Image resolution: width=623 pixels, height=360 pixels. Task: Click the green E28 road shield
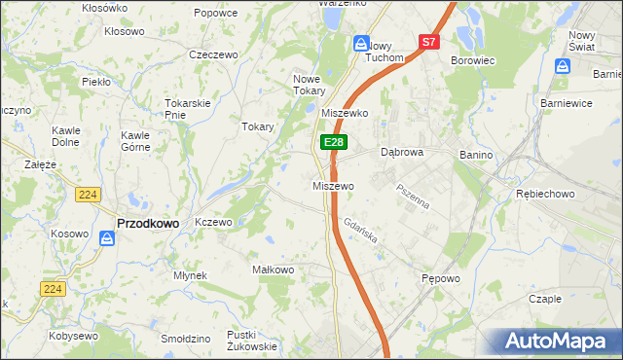point(333,142)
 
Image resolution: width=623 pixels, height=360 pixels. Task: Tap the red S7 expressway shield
point(429,42)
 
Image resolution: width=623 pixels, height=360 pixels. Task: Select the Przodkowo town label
point(148,223)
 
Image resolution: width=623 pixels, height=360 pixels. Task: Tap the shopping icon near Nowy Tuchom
point(361,44)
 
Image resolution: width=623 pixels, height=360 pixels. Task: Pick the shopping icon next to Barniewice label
point(563,66)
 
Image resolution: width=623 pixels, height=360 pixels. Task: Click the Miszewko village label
point(344,113)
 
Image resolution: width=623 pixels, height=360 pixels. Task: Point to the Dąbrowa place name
point(401,153)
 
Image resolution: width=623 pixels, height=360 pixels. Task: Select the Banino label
point(475,153)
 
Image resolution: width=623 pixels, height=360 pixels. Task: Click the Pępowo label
point(440,278)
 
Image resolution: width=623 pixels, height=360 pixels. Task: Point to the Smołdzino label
point(186,339)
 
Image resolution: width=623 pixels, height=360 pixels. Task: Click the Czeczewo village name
point(214,55)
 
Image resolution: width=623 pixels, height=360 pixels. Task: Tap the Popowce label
point(215,13)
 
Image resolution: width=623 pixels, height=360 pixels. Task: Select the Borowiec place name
point(474,60)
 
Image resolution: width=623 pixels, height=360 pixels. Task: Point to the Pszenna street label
point(412,194)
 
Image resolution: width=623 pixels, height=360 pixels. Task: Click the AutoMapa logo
point(557,341)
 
